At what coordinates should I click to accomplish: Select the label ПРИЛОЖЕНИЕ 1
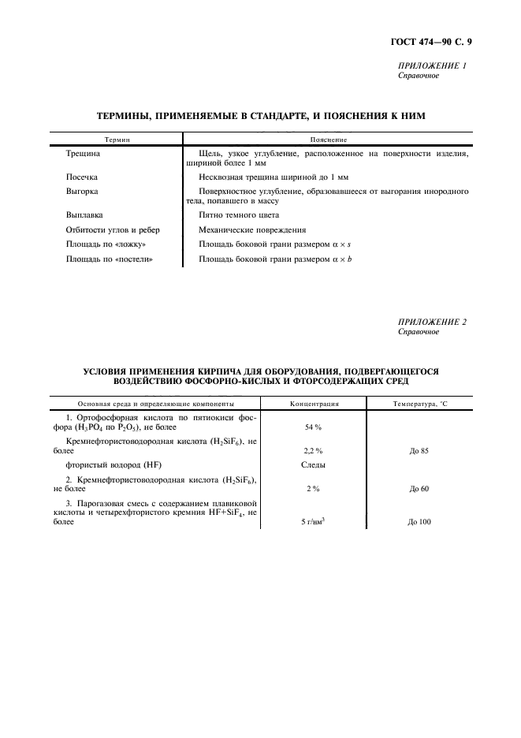pyautogui.click(x=433, y=66)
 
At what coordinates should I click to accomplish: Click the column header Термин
pyautogui.click(x=116, y=139)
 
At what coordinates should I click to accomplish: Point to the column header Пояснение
pyautogui.click(x=334, y=139)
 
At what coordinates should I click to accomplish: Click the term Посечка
pyautogui.click(x=82, y=178)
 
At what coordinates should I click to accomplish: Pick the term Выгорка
pyautogui.click(x=82, y=192)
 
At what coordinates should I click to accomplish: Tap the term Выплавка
pyautogui.click(x=84, y=215)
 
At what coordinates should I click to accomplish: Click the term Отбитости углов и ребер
pyautogui.click(x=113, y=230)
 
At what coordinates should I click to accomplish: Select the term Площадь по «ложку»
pyautogui.click(x=106, y=244)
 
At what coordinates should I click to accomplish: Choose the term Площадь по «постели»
pyautogui.click(x=109, y=259)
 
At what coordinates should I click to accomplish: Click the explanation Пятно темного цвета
pyautogui.click(x=239, y=215)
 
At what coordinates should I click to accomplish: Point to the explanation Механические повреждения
pyautogui.click(x=252, y=230)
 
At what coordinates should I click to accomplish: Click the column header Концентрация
pyautogui.click(x=314, y=403)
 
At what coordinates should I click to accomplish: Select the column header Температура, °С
pyautogui.click(x=419, y=403)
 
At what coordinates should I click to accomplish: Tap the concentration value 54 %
pyautogui.click(x=314, y=427)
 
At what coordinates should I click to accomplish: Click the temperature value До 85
pyautogui.click(x=419, y=450)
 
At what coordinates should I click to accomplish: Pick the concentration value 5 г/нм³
pyautogui.click(x=314, y=522)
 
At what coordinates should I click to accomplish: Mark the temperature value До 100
pyautogui.click(x=419, y=522)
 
